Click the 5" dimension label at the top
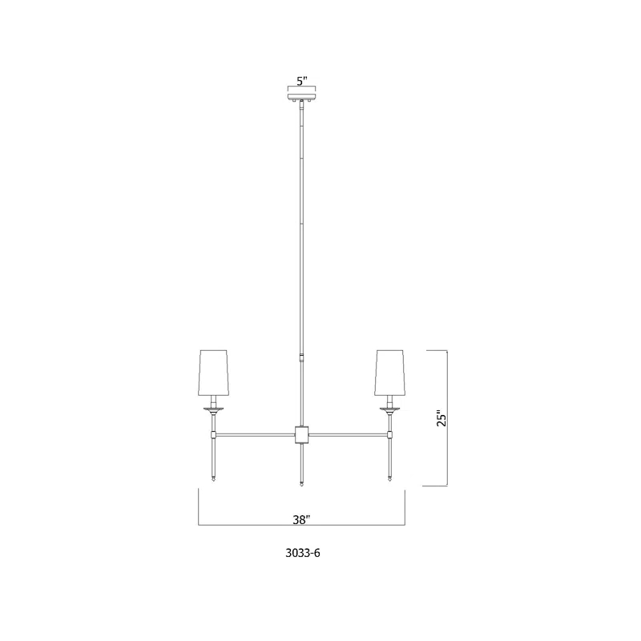tap(301, 81)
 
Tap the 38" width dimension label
tap(301, 519)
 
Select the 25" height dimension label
tap(440, 419)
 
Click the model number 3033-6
tap(301, 553)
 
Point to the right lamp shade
tap(390, 373)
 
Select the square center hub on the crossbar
tap(301, 434)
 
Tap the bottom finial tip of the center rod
tap(301, 482)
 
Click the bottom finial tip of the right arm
tap(390, 479)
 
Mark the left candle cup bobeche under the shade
tap(213, 409)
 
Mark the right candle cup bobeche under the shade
tap(390, 409)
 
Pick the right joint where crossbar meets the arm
tap(390, 434)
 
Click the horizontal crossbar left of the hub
tap(256, 434)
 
